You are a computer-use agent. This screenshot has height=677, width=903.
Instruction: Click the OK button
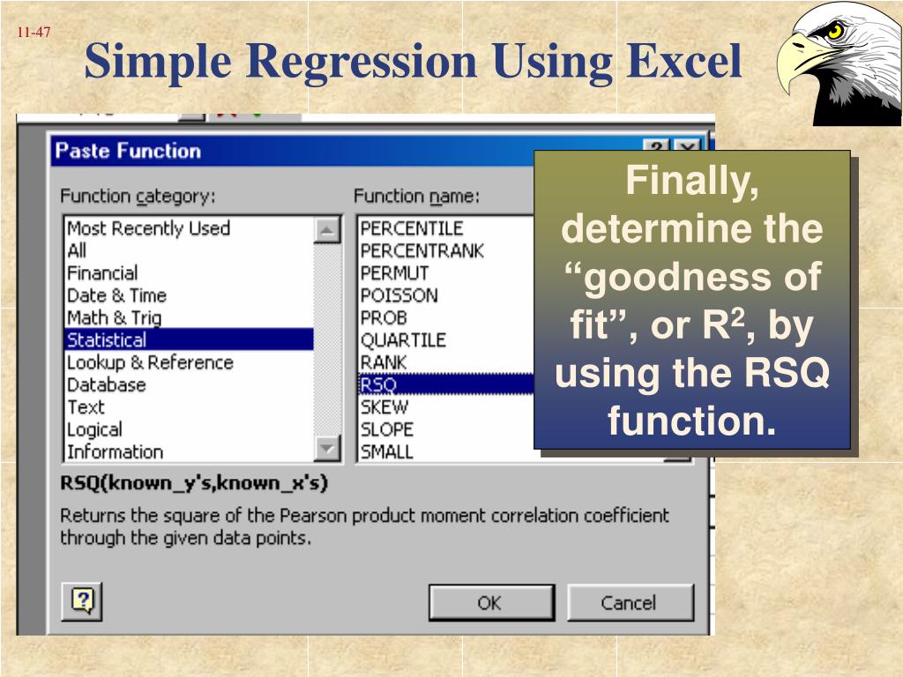click(x=489, y=603)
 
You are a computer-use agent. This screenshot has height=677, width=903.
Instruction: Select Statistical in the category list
click(x=107, y=339)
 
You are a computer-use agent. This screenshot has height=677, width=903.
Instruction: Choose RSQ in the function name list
click(x=378, y=384)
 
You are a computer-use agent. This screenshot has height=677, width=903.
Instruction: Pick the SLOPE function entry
click(x=386, y=429)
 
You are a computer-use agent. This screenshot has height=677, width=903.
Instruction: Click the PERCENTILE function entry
click(x=411, y=228)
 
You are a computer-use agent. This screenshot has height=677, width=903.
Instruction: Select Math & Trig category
click(x=114, y=317)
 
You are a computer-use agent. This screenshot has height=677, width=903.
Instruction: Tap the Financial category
click(x=102, y=272)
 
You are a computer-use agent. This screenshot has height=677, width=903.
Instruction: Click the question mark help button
click(x=82, y=601)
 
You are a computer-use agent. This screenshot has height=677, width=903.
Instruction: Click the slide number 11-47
click(x=33, y=33)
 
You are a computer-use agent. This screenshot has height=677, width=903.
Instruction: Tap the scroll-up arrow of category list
click(x=327, y=229)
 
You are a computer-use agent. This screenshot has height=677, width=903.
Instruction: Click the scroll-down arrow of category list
click(x=327, y=450)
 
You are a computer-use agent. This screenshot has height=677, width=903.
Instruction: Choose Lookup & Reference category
click(x=150, y=362)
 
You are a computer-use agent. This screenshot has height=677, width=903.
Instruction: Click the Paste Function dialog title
click(x=128, y=151)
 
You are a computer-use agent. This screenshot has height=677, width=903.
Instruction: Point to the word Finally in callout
click(x=691, y=183)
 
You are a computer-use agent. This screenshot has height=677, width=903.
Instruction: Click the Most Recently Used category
click(x=148, y=228)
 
